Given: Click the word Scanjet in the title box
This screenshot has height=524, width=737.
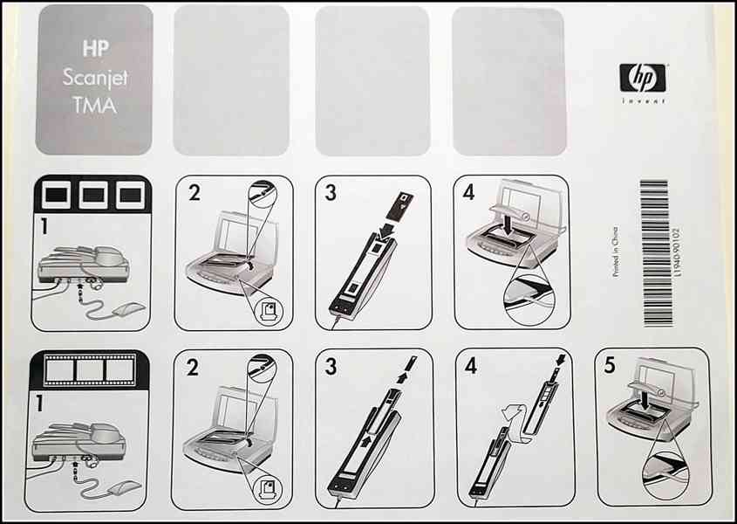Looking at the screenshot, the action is [x=95, y=77].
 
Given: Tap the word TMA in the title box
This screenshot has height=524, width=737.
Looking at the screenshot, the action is [x=95, y=106].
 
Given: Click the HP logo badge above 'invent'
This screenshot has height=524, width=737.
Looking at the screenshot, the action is [x=643, y=78].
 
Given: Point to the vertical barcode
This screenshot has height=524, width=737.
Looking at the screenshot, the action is [x=654, y=252].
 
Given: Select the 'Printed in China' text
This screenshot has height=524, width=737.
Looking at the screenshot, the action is [x=616, y=252].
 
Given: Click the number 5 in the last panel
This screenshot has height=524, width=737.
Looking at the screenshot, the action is [x=610, y=365].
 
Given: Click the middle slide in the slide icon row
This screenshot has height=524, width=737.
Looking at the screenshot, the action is [x=93, y=195].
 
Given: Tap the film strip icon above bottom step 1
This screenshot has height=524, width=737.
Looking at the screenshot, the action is [x=89, y=370].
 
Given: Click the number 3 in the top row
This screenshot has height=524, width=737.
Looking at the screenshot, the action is [x=331, y=192].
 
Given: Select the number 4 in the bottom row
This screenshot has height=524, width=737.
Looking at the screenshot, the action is [x=470, y=365].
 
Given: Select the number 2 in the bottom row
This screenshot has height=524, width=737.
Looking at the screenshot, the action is [x=192, y=367].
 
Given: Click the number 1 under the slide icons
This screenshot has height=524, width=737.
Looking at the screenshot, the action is [x=44, y=225].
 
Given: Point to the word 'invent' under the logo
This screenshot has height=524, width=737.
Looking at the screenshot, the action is [x=643, y=100].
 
